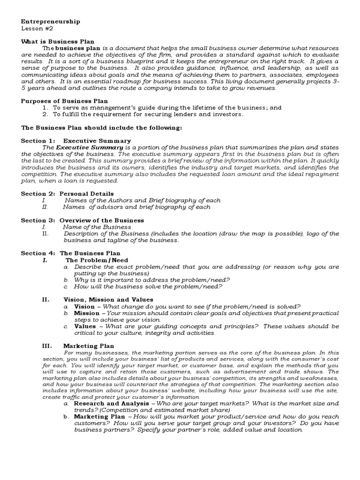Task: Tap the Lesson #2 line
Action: click(x=35, y=28)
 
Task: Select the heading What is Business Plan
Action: click(x=58, y=41)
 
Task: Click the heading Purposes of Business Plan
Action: click(x=64, y=101)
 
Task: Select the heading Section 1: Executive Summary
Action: click(x=76, y=141)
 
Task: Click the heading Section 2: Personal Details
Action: click(x=67, y=193)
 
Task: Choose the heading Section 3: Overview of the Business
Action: click(x=82, y=220)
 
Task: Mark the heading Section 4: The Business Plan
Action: click(x=71, y=253)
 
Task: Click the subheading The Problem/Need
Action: click(x=97, y=260)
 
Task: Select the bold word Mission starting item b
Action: click(x=87, y=313)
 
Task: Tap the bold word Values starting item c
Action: click(x=85, y=326)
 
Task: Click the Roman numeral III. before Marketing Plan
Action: click(x=47, y=346)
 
